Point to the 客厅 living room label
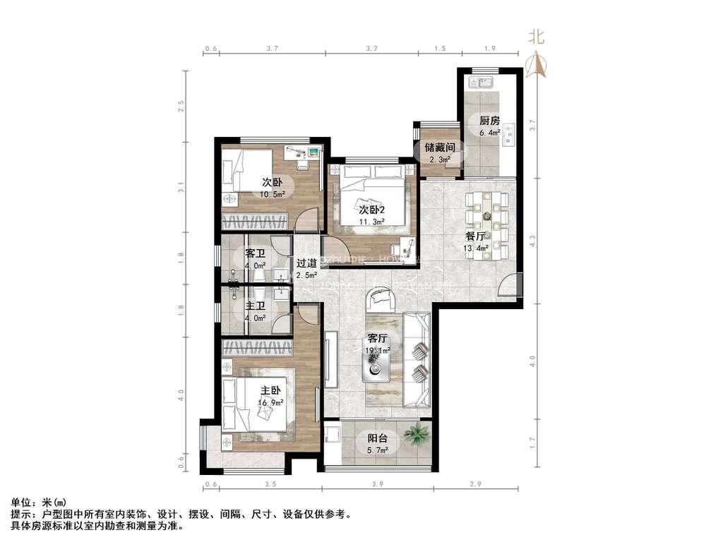point(378,338)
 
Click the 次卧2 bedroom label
point(371,210)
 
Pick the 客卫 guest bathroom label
point(255,253)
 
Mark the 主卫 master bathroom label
point(255,306)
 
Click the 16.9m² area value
point(271,402)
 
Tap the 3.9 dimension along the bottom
point(377,485)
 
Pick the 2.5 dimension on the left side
point(181,107)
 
